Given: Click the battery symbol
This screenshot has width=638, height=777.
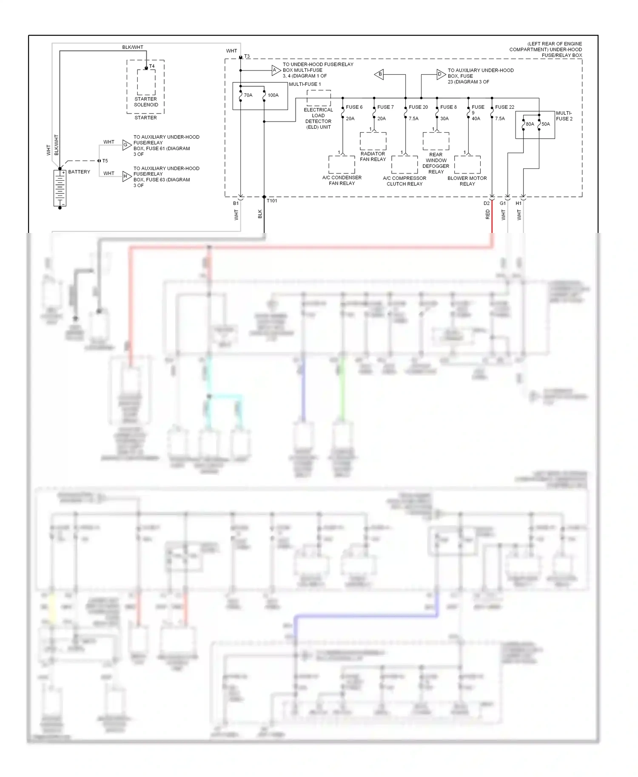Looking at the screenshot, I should click(x=60, y=187).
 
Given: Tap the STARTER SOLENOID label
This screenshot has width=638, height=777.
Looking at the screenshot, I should click(x=146, y=102).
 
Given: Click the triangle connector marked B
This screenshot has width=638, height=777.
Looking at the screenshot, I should click(x=379, y=74).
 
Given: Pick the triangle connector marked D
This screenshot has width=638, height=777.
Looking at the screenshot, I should click(x=441, y=74).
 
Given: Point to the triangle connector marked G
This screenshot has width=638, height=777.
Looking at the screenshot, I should click(x=126, y=145).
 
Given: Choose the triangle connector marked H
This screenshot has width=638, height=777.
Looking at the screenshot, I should click(x=126, y=176).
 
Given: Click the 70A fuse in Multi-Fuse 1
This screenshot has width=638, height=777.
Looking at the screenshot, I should click(x=241, y=96).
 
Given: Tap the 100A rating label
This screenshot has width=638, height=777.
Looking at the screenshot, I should click(x=273, y=95).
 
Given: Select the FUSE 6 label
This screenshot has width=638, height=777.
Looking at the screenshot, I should click(x=354, y=107).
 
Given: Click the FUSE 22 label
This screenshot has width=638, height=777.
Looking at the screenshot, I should click(x=504, y=107).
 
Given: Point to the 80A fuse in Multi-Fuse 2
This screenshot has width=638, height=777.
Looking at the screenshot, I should click(x=524, y=124).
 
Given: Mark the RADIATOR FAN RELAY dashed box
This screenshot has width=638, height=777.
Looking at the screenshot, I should click(x=373, y=141).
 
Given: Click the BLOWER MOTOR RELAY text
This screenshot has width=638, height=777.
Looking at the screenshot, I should click(x=467, y=181).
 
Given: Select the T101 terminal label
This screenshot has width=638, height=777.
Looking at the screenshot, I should click(x=272, y=201).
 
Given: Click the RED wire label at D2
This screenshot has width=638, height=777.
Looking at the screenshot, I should click(x=487, y=215).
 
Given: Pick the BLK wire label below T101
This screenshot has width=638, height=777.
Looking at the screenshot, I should click(x=260, y=214).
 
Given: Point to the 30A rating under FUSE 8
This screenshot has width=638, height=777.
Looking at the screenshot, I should click(x=444, y=119).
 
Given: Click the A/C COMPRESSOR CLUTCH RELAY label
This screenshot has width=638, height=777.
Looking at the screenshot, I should click(x=404, y=181).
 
